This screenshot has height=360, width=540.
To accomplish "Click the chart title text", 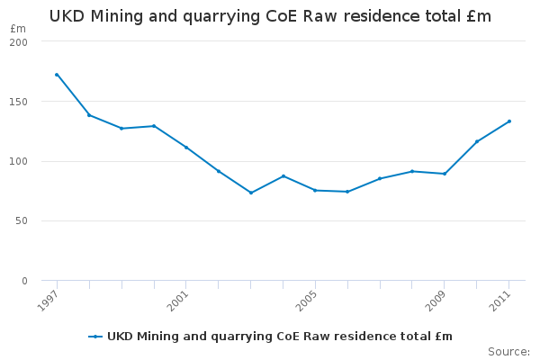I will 270,16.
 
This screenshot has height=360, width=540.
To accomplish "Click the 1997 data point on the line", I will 57,75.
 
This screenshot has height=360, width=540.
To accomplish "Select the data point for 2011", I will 508,121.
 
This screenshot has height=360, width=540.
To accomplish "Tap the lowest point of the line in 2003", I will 251,193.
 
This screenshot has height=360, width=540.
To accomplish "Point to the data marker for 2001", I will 186,147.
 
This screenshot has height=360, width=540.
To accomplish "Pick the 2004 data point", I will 283,175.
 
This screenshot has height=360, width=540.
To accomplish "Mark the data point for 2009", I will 445,174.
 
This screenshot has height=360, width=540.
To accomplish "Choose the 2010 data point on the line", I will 477,141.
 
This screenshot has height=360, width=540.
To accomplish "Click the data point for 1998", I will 89,115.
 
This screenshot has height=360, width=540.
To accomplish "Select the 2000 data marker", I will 154,126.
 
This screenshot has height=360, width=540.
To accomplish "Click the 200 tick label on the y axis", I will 20,42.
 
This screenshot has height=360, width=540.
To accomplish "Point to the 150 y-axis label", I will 20,102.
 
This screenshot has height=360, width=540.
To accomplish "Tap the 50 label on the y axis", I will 22,220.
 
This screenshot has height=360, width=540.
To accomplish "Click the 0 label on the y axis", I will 25,281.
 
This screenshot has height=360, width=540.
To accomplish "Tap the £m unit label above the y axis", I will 18,29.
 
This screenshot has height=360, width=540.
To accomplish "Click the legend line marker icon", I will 95,337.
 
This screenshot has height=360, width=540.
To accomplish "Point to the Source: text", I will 508,351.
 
